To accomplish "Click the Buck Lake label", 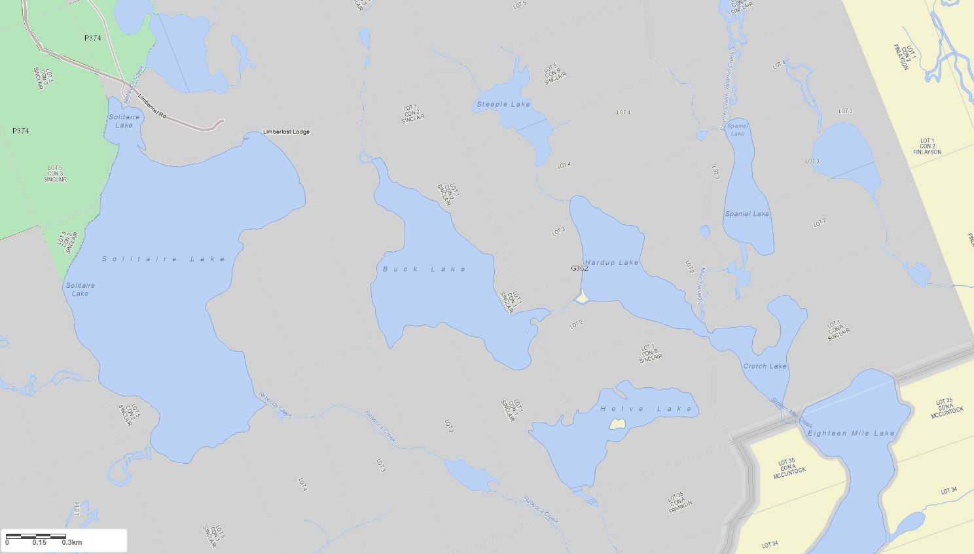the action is click(x=424, y=269).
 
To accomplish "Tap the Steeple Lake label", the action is click(x=503, y=105).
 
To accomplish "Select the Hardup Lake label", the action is click(x=611, y=263).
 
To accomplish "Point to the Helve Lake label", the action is click(x=646, y=409).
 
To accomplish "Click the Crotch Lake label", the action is click(x=765, y=366).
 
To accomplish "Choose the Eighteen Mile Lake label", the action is click(x=850, y=434).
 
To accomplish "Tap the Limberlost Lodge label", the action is click(x=286, y=132).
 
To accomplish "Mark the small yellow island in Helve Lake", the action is click(x=616, y=424).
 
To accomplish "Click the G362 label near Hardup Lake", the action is click(x=579, y=268).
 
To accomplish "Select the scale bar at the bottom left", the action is click(x=36, y=536).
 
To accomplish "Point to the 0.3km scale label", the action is click(x=72, y=542).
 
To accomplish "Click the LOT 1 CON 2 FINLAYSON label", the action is click(x=927, y=147).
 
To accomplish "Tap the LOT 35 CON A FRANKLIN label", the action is click(x=676, y=502).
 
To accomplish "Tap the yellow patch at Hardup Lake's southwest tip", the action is click(x=581, y=298).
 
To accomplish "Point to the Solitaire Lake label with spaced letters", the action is click(x=164, y=259).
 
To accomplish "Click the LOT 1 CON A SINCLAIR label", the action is click(x=835, y=330).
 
